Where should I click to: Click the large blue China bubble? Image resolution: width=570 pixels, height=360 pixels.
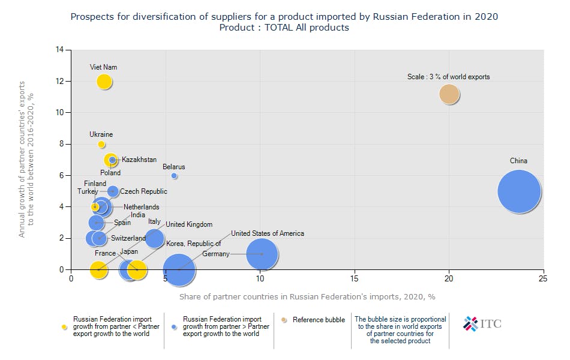pos(519,191)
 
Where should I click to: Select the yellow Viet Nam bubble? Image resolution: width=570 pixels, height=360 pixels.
pos(104,82)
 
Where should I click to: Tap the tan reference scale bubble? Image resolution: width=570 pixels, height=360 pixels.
pos(449,94)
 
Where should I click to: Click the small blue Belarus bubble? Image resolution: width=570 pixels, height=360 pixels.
pos(174,176)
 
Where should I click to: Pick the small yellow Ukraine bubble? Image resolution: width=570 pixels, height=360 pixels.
pos(101,145)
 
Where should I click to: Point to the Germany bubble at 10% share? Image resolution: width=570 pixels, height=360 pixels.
pos(261,254)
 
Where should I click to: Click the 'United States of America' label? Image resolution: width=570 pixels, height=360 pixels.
pos(268,233)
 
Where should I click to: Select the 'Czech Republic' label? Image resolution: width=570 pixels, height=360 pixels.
pos(143,191)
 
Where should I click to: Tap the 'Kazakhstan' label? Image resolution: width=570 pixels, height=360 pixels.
pos(139,160)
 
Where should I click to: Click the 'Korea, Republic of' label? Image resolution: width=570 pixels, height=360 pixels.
pos(194,244)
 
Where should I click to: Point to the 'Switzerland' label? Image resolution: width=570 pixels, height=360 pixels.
pos(128,238)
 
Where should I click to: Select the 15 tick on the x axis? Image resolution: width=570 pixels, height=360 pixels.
pos(355,278)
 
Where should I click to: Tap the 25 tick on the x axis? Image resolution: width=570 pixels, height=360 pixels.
pos(543,278)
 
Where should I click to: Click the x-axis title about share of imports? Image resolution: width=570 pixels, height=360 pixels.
pos(307,296)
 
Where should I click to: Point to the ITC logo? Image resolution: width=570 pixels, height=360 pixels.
pos(482,324)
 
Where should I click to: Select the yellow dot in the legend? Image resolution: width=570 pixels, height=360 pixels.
pos(64,327)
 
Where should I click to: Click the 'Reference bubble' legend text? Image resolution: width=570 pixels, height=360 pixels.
pos(319,320)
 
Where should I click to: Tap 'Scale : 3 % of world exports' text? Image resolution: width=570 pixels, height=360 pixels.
pos(449,77)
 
